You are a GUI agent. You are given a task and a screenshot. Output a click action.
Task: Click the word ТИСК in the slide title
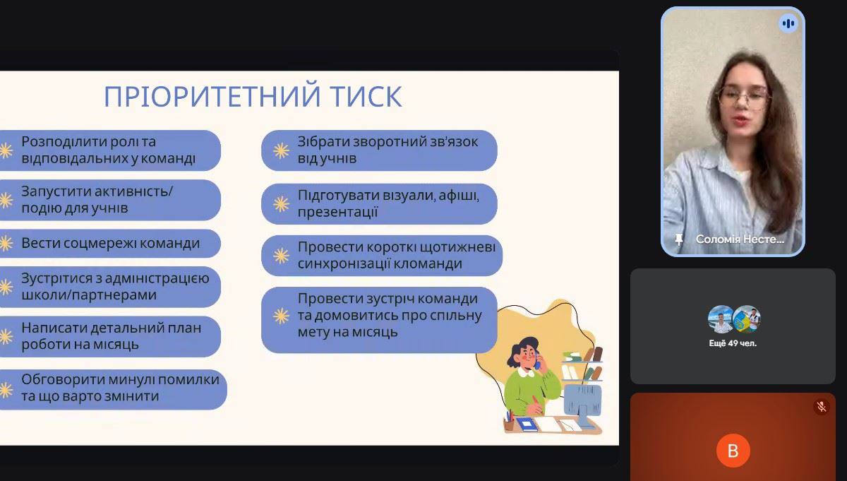coord(366,97)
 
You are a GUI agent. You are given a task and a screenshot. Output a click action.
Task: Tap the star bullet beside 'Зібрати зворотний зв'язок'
coord(282,150)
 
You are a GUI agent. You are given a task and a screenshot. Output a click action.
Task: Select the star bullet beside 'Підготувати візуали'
coord(282,204)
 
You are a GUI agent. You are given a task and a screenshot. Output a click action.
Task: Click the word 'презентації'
coord(337,212)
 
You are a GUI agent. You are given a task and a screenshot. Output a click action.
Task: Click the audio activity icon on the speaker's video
coord(788,24)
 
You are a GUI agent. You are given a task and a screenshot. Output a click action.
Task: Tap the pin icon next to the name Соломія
coord(679,239)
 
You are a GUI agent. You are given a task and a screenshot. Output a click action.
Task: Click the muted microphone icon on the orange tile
coord(821,408)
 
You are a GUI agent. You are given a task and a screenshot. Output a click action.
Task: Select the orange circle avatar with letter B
coord(733,451)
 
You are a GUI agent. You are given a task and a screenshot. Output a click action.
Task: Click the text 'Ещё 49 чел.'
coord(733,343)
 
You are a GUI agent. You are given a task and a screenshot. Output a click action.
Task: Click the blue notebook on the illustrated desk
coord(527,424)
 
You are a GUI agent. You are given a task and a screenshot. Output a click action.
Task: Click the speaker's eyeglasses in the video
coord(744,97)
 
